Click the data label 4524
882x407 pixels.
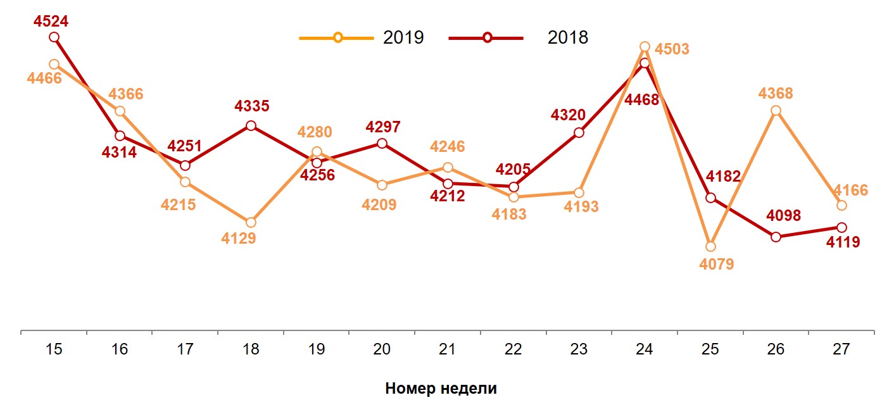coord(51,22)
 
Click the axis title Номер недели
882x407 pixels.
coord(441,389)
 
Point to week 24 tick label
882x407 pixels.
coord(645,349)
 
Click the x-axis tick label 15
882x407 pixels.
coord(54,349)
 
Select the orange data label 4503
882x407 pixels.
coord(672,49)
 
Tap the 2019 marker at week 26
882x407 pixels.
coord(776,111)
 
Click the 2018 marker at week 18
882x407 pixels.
coord(251,126)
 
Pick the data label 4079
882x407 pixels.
coord(717,265)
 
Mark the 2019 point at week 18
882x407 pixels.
coord(251,222)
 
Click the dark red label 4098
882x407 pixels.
coord(783,216)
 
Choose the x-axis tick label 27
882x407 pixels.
coord(841,349)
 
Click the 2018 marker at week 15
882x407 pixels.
coord(54,37)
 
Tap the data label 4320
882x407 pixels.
coord(568,115)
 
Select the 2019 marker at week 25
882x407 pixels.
coord(710,246)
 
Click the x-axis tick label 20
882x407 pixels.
coord(382,349)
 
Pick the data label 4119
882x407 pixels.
coord(843,241)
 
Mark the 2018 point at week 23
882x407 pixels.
coord(579,133)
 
